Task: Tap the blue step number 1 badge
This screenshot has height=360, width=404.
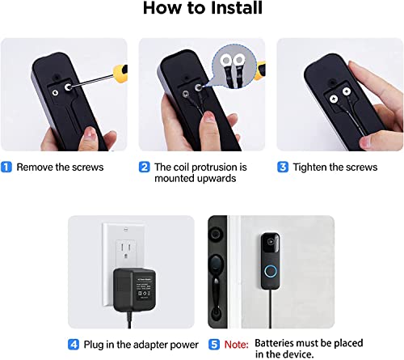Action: tap(7, 167)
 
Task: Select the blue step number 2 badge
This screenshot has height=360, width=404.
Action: tap(144, 167)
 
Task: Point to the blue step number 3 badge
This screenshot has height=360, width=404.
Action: tap(282, 167)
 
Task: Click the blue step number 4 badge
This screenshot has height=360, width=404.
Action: tap(74, 343)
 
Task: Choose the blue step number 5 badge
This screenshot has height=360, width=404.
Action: tap(213, 343)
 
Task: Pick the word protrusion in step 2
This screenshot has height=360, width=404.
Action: tap(201, 167)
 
